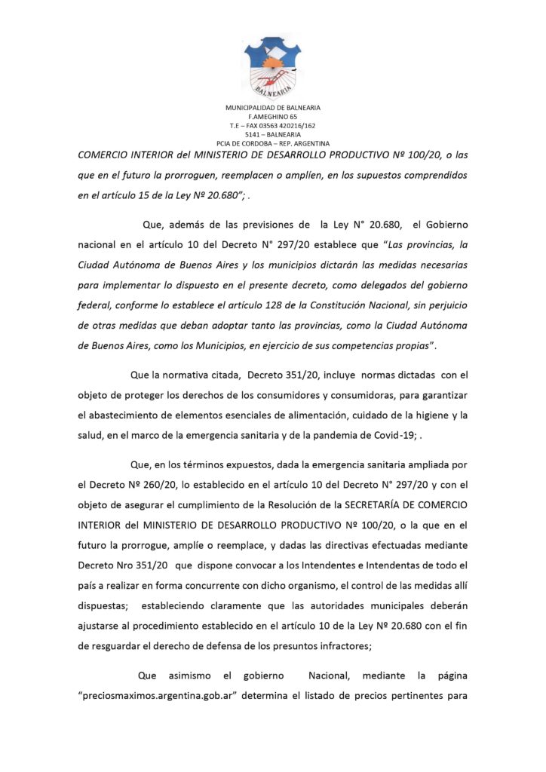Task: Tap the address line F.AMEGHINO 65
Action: tap(273, 117)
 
